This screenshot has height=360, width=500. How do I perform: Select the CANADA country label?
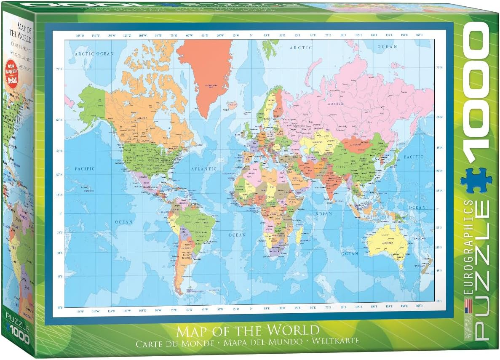pyautogui.click(x=140, y=117)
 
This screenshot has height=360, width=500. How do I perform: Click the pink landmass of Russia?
pyautogui.click(x=358, y=97)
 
